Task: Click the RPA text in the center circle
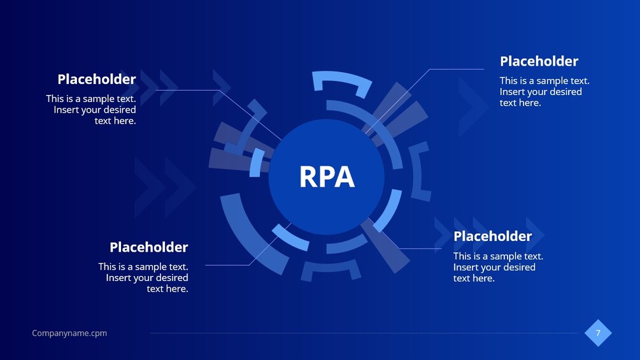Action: pos(327,176)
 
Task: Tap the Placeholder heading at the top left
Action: pos(97,79)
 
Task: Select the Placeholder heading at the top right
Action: pos(539,61)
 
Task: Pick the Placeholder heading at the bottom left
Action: pos(149,247)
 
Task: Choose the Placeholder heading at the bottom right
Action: pos(493,236)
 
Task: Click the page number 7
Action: pos(598,333)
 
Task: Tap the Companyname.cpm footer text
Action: pos(69,333)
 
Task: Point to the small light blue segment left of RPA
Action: pos(257,162)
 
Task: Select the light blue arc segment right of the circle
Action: pos(390,209)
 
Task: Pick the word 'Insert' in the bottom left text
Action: pos(117,278)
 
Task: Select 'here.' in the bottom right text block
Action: pos(484,278)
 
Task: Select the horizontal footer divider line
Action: pos(364,333)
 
